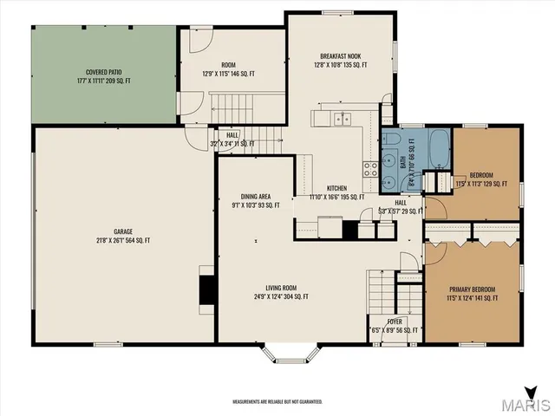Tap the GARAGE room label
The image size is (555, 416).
point(122,231)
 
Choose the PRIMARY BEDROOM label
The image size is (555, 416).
point(473,289)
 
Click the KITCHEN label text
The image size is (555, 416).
point(336,188)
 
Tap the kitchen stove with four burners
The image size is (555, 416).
point(370,167)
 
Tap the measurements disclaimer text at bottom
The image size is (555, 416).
point(277,401)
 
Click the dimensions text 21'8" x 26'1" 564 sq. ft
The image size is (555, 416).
point(122,241)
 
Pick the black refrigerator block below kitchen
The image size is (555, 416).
point(349,230)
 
